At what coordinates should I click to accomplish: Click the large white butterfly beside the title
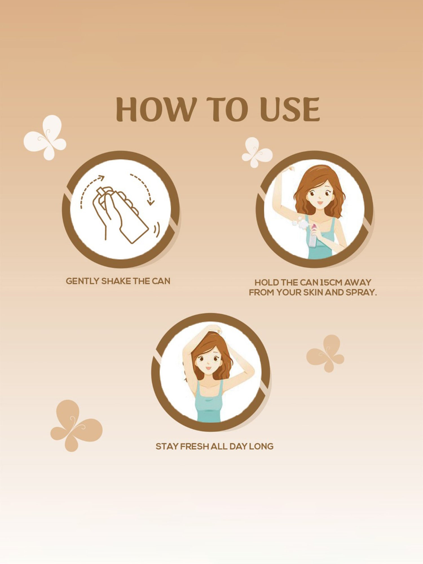[x=45, y=137]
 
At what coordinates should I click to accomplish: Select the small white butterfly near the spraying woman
[x=257, y=152]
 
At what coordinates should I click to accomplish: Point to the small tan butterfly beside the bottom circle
[x=325, y=353]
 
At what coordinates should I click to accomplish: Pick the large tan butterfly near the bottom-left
[x=76, y=426]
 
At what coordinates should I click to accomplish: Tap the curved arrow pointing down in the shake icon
[x=146, y=186]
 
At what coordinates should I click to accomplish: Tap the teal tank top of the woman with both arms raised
[x=209, y=402]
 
